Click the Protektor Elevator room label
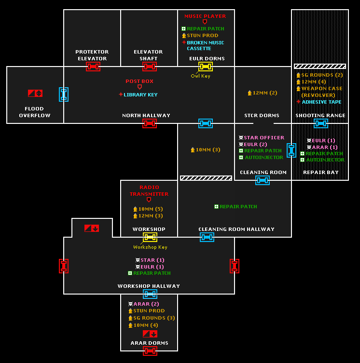(x=92, y=55)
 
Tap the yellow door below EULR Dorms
(x=206, y=67)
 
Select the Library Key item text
(x=140, y=95)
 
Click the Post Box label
(x=139, y=81)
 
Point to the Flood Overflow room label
(x=35, y=112)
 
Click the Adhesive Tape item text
(x=321, y=102)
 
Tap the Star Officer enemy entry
(x=264, y=138)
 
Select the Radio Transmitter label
(x=149, y=190)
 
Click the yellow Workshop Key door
(x=150, y=237)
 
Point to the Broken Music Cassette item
(x=205, y=45)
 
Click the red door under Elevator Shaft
(x=150, y=67)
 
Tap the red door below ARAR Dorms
(x=150, y=351)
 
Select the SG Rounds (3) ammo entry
(x=154, y=318)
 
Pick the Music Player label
(x=205, y=16)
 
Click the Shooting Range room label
(x=320, y=116)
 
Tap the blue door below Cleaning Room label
(x=263, y=180)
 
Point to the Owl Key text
(x=200, y=76)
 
